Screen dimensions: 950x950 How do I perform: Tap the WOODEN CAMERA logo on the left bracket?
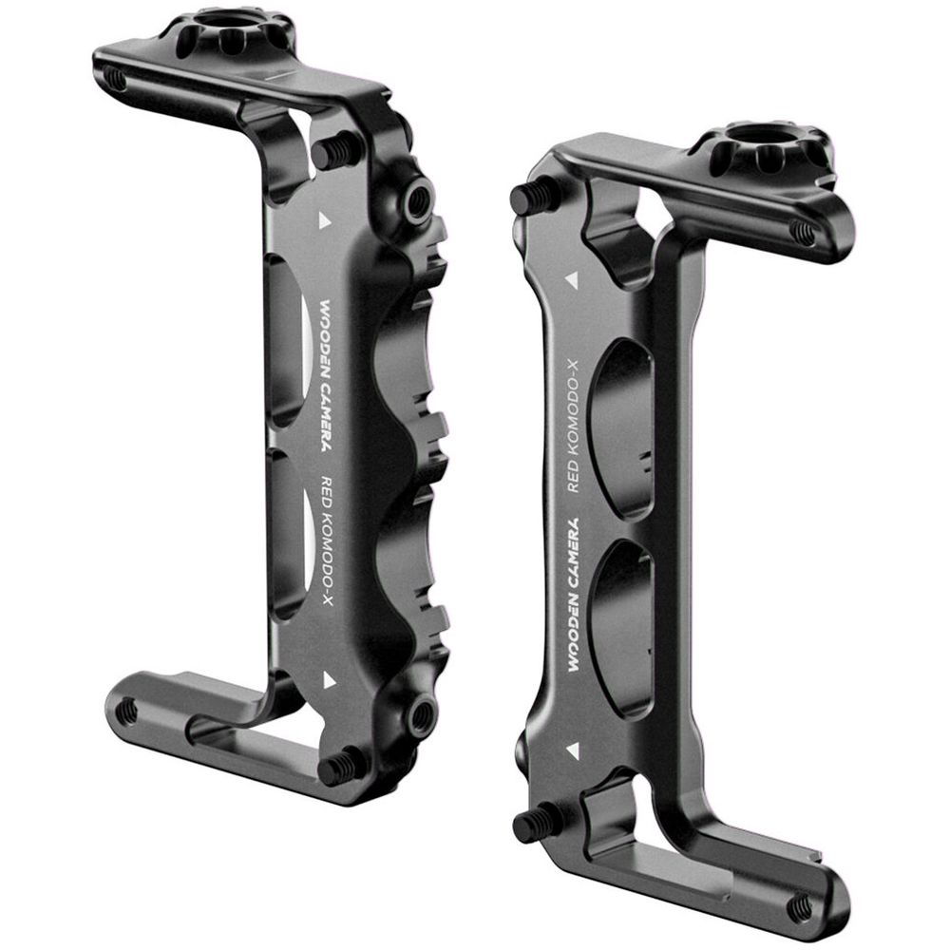(x=325, y=375)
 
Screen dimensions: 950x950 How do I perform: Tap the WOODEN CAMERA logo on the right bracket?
(x=570, y=595)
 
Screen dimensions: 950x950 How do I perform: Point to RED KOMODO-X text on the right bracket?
(x=573, y=425)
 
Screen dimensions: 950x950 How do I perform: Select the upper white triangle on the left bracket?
(x=325, y=220)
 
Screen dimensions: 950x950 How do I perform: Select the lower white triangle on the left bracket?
(x=329, y=680)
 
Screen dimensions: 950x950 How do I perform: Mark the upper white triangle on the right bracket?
(x=571, y=280)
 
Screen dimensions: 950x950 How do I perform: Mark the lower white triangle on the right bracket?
(x=572, y=750)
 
